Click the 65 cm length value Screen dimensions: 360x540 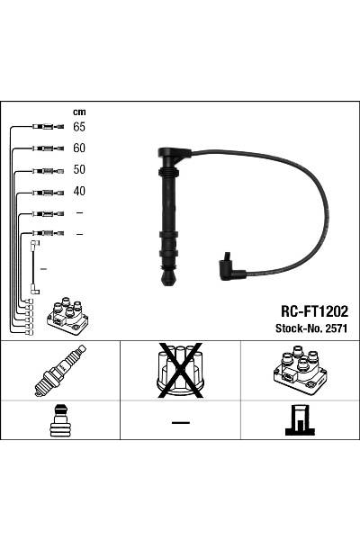point(79,127)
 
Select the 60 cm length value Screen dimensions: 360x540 point(79,148)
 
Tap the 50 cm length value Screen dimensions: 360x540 point(79,169)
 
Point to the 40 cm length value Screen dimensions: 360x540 point(79,191)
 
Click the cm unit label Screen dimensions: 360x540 point(79,112)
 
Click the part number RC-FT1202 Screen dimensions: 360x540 point(314,311)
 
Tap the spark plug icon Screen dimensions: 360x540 point(60,371)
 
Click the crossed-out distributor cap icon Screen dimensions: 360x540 point(179,371)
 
